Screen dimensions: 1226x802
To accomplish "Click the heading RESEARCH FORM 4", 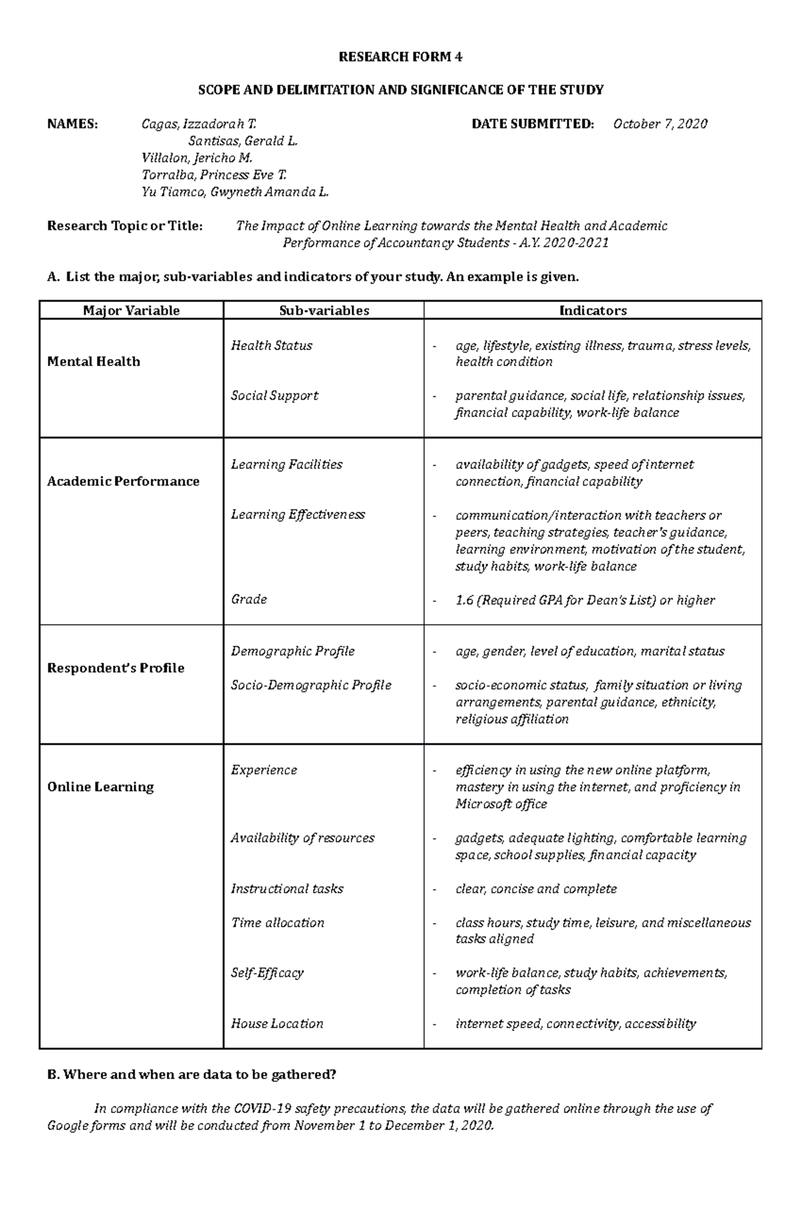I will point(400,57).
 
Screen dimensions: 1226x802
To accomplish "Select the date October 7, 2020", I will point(660,124).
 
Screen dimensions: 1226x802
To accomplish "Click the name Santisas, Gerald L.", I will point(243,141).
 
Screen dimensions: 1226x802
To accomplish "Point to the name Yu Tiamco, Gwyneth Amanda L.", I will point(235,192).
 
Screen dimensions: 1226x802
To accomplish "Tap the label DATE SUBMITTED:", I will point(533,124).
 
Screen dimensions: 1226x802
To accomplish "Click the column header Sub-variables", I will point(324,311).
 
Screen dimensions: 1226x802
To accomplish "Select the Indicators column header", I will point(593,311).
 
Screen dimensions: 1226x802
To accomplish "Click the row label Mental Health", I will point(94,362).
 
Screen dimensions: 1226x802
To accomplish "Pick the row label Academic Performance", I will point(123,482).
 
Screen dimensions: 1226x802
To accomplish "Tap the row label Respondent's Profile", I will point(116,668).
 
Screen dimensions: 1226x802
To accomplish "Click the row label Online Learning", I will point(100,787).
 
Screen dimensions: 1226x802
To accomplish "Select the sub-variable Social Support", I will point(274,396).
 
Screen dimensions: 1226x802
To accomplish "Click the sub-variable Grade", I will point(249,599).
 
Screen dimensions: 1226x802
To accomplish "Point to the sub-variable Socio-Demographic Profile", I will point(311,685).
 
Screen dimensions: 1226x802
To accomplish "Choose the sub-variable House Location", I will point(277,1024).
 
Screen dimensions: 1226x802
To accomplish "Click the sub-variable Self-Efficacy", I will point(267,973).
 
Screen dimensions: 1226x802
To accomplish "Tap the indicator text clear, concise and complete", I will point(536,889).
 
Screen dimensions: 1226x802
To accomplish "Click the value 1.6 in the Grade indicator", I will point(464,601).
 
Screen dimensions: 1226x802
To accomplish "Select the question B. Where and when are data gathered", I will point(192,1075).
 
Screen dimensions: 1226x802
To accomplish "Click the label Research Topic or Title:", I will point(124,226).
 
